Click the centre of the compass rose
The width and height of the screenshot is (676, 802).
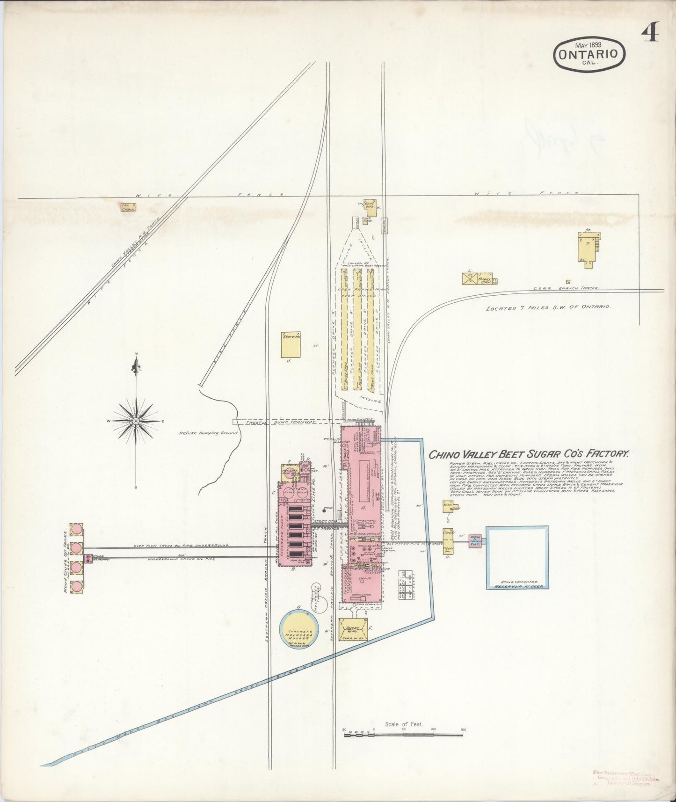[x=136, y=421]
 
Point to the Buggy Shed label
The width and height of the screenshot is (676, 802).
[x=484, y=279]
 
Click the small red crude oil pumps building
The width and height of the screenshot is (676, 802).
[x=88, y=558]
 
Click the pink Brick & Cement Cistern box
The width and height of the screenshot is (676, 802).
[x=477, y=541]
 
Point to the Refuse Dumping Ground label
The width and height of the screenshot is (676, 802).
[x=208, y=433]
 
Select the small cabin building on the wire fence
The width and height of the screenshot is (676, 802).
[x=128, y=207]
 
